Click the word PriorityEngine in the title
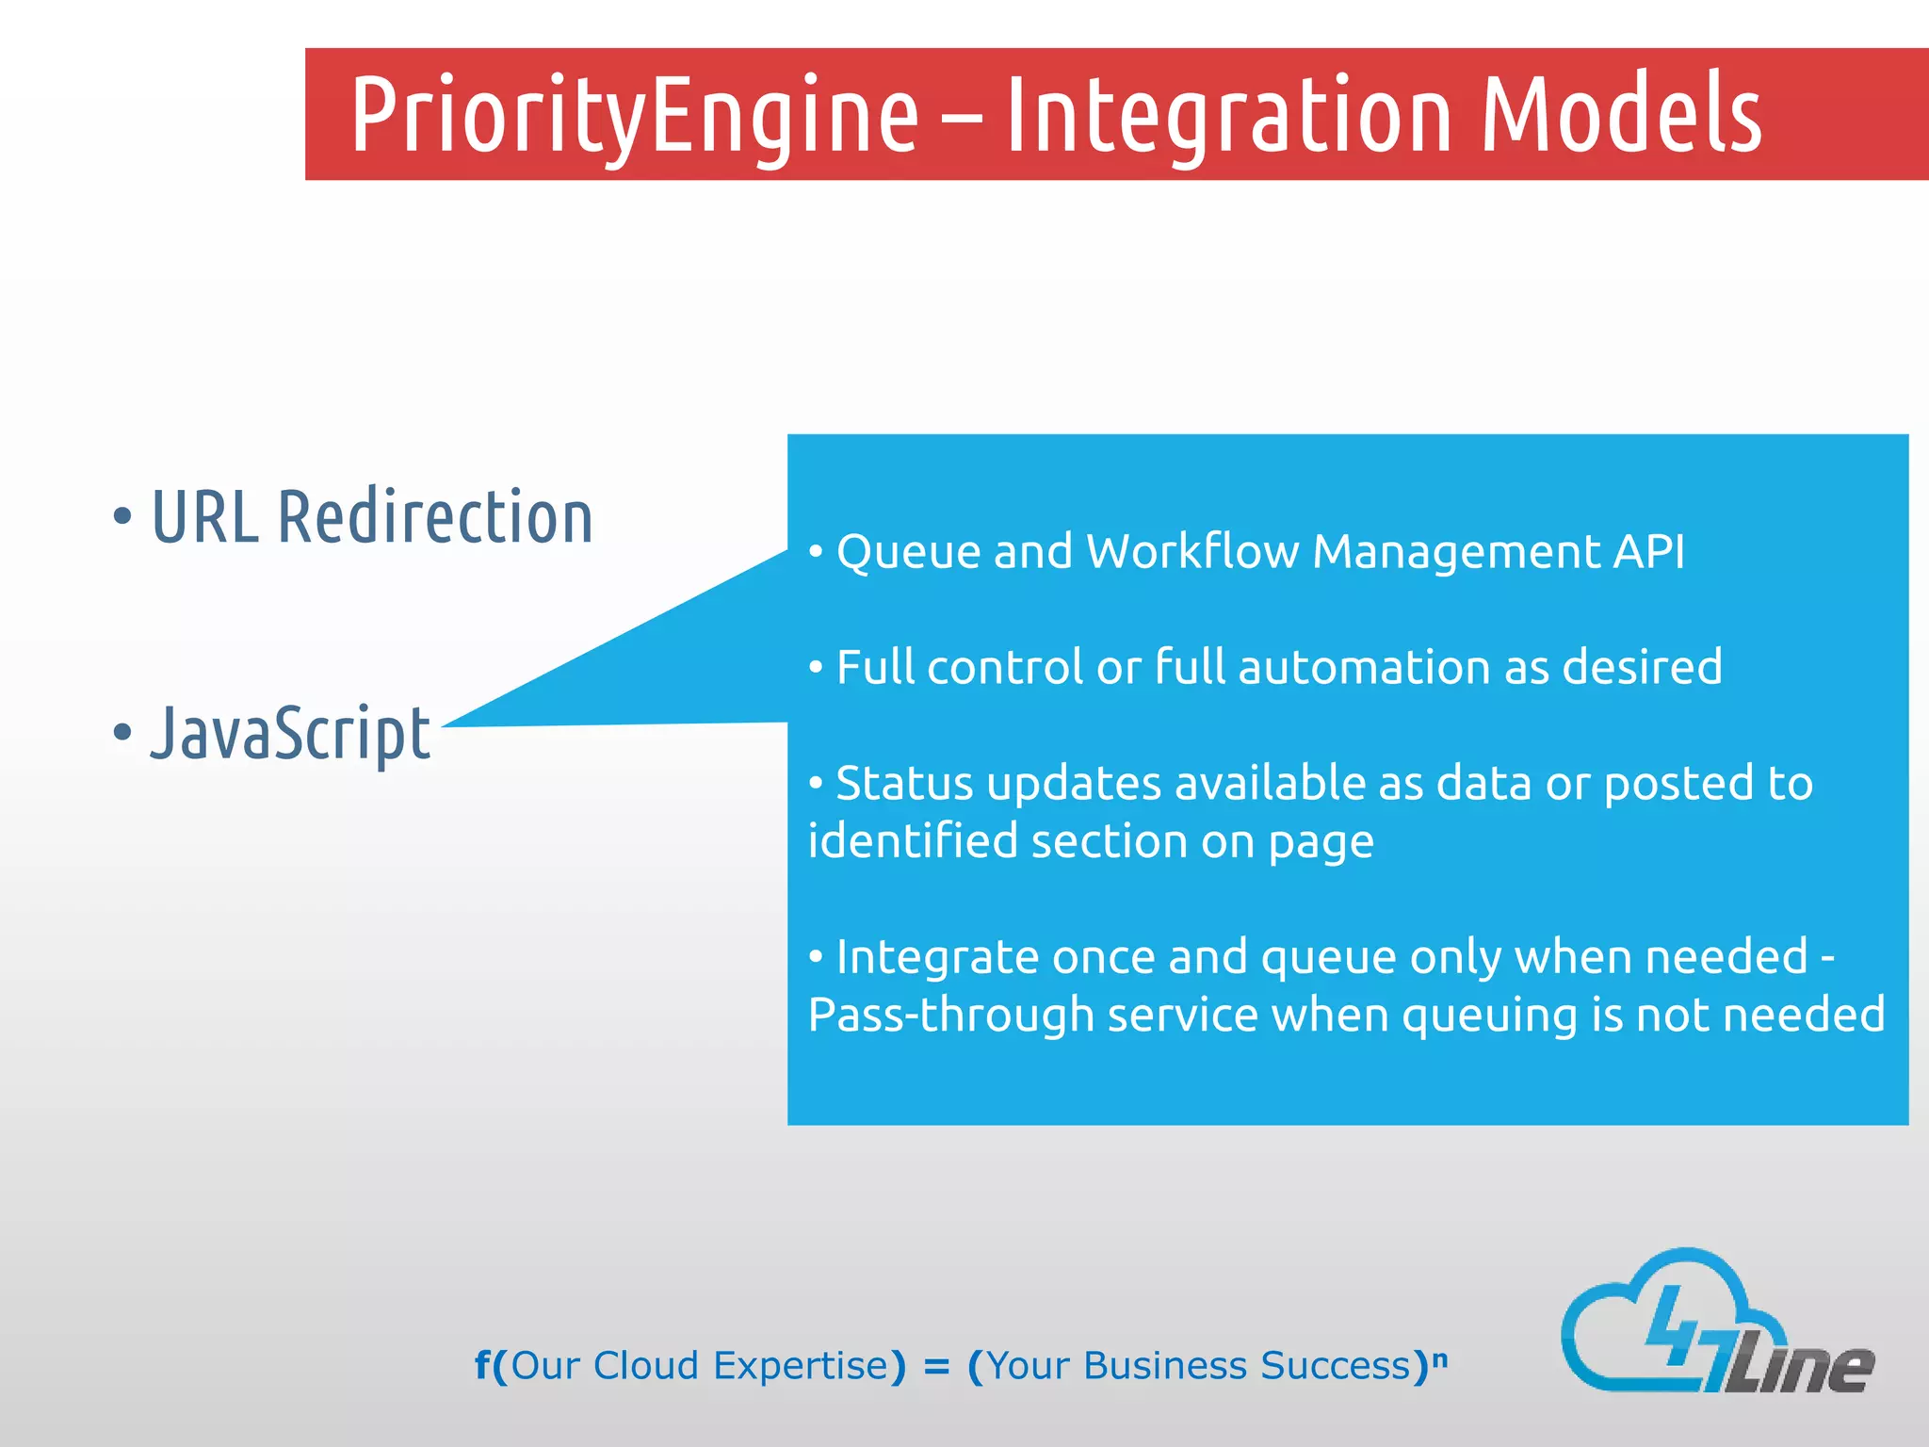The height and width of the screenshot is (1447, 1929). (633, 115)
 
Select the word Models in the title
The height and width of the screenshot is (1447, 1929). (1620, 115)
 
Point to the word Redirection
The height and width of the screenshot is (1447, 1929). (435, 518)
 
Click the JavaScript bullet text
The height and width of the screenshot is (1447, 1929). (290, 733)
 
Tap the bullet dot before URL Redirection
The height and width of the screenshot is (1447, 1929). (122, 516)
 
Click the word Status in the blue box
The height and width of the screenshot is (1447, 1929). (904, 784)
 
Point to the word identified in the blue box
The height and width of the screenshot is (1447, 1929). (912, 841)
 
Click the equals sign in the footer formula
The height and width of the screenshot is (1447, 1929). (936, 1367)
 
